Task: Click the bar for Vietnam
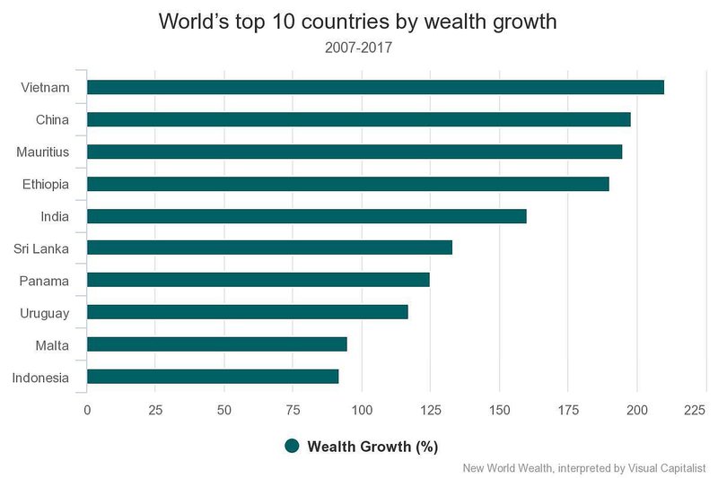pyautogui.click(x=375, y=87)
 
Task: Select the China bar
pyautogui.click(x=358, y=119)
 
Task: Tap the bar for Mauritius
pyautogui.click(x=355, y=152)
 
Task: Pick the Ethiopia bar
pyautogui.click(x=348, y=184)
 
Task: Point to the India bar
pyautogui.click(x=307, y=216)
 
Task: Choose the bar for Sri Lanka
pyautogui.click(x=269, y=248)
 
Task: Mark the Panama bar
pyautogui.click(x=258, y=281)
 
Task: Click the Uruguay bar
pyautogui.click(x=248, y=312)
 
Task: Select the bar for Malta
pyautogui.click(x=217, y=344)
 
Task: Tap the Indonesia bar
pyautogui.click(x=213, y=377)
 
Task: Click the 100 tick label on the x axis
pyautogui.click(x=362, y=410)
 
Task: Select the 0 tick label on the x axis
pyautogui.click(x=87, y=410)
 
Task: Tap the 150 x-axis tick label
pyautogui.click(x=499, y=410)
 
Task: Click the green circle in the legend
pyautogui.click(x=291, y=447)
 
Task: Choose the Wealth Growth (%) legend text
pyautogui.click(x=372, y=447)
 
